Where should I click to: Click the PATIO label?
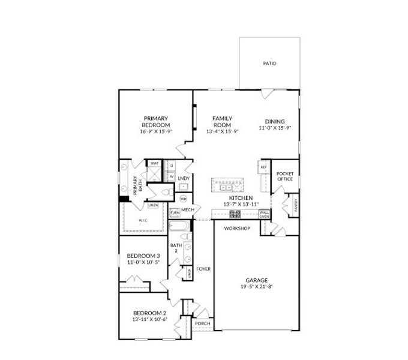pyautogui.click(x=269, y=63)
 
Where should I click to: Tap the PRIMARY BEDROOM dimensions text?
pyautogui.click(x=156, y=131)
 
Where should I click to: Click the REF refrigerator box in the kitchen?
pyautogui.click(x=263, y=167)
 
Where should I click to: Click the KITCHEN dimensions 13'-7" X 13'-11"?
pyautogui.click(x=240, y=204)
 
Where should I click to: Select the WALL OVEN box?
pyautogui.click(x=264, y=214)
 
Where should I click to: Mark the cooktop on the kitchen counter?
pyautogui.click(x=235, y=212)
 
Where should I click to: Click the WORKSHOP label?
pyautogui.click(x=236, y=229)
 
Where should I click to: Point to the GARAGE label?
pyautogui.click(x=256, y=280)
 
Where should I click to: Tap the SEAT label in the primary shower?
pyautogui.click(x=154, y=163)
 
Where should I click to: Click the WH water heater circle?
pyautogui.click(x=184, y=199)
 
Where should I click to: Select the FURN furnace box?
pyautogui.click(x=175, y=212)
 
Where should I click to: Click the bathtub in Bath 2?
pyautogui.click(x=178, y=227)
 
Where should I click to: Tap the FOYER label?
pyautogui.click(x=203, y=269)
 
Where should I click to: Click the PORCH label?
pyautogui.click(x=202, y=323)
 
